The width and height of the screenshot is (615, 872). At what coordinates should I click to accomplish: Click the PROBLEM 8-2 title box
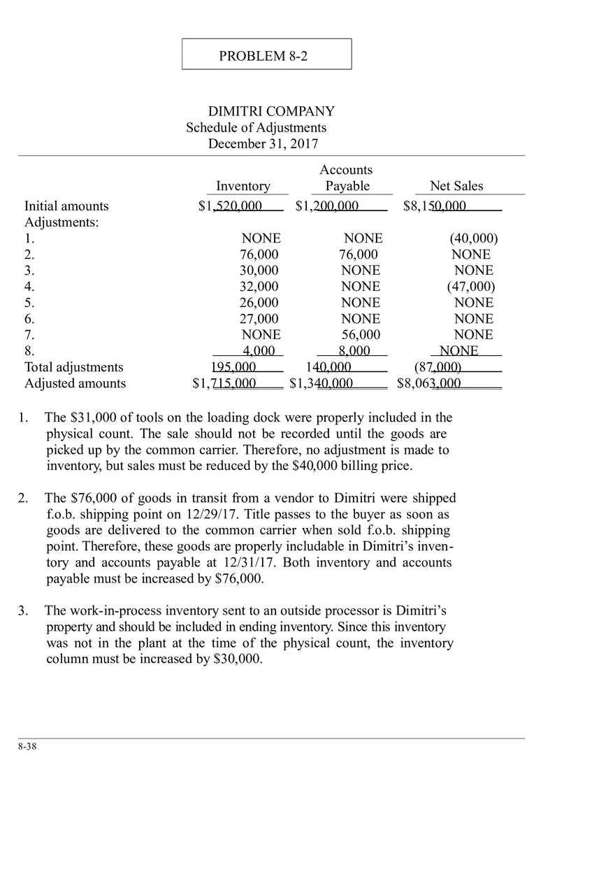click(266, 55)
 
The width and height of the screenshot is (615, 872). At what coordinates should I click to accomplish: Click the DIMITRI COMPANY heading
click(271, 111)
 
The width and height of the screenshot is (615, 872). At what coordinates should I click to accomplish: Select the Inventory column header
click(243, 186)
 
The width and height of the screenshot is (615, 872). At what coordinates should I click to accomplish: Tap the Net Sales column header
click(456, 186)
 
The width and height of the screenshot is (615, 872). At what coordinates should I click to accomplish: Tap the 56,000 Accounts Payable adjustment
click(361, 335)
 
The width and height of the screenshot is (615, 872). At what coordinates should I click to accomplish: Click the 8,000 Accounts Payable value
click(354, 351)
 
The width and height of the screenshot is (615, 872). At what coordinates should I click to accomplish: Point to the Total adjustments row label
click(74, 367)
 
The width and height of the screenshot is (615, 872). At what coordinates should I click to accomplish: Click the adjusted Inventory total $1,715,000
click(224, 383)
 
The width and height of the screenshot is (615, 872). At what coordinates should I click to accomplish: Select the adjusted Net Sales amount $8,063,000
click(429, 383)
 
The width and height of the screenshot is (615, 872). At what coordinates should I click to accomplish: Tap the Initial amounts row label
click(66, 206)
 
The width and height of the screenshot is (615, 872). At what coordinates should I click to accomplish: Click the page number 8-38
click(27, 747)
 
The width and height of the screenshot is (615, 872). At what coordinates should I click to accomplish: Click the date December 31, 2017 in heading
click(263, 144)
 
